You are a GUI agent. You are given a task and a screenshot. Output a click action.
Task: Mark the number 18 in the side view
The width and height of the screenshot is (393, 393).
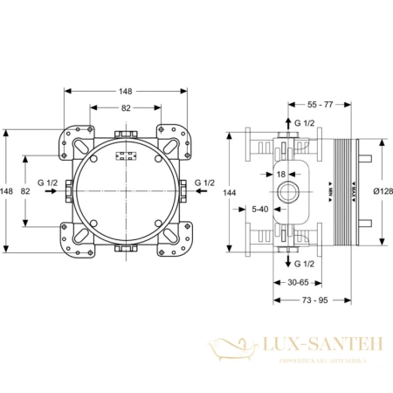(281, 174)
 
